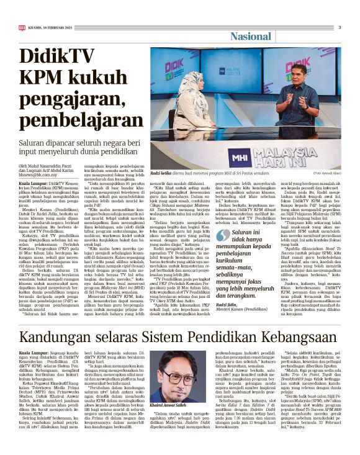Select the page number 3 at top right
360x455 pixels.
coord(340,27)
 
